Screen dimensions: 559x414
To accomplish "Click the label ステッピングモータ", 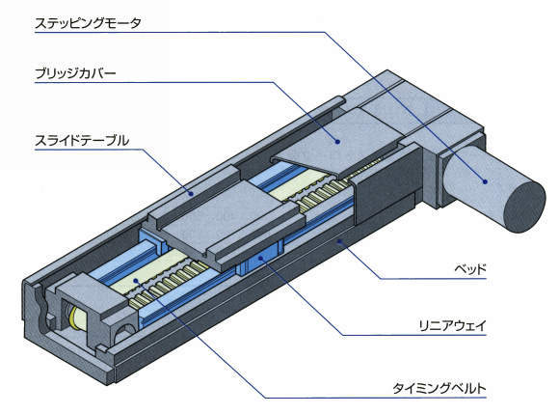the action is pos(88,23).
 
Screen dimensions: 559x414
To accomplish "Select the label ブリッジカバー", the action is pos(75,74).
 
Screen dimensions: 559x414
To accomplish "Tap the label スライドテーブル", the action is pos(82,141).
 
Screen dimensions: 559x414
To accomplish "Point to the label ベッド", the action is pos(470,268).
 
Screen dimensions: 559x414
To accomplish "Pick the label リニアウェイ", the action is pos(453,326).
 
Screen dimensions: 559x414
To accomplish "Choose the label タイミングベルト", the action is pos(439,388).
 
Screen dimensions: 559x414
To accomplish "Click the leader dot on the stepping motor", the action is pos(485,181).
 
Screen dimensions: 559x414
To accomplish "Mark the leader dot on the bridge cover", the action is pos(337,142).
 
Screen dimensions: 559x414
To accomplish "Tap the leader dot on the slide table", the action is pos(192,194).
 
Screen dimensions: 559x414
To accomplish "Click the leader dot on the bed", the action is pos(339,242).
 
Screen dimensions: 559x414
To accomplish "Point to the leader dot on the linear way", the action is pos(262,257).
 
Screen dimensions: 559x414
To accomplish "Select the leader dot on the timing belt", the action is pos(136,281).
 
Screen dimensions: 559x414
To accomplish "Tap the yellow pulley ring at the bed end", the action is pos(72,317).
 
